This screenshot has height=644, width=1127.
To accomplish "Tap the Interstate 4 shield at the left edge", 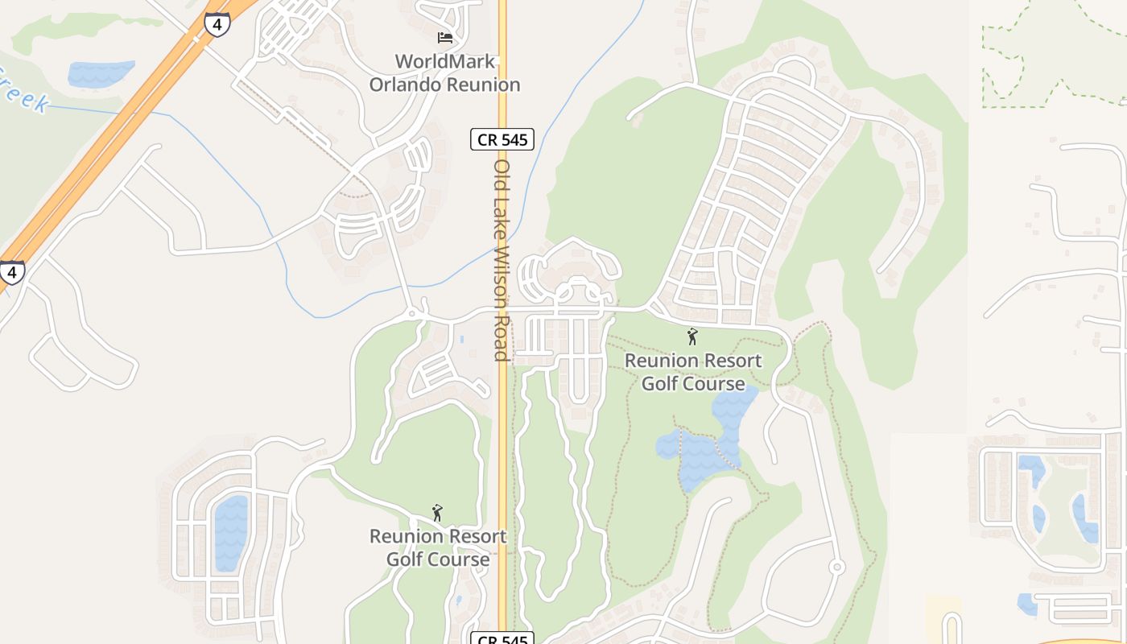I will pyautogui.click(x=10, y=271).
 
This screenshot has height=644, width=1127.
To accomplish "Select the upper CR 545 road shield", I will pyautogui.click(x=503, y=139).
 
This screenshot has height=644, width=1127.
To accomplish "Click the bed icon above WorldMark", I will pyautogui.click(x=445, y=37).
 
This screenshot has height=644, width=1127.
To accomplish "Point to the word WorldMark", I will pyautogui.click(x=444, y=61).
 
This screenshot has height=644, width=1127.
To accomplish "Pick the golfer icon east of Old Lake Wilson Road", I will pyautogui.click(x=692, y=336).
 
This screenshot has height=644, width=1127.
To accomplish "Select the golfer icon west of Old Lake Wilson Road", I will pyautogui.click(x=438, y=513).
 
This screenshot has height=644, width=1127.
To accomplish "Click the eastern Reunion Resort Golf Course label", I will pyautogui.click(x=693, y=372).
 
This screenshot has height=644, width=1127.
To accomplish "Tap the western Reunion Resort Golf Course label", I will pyautogui.click(x=438, y=547).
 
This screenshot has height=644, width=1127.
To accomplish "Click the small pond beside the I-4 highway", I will pyautogui.click(x=100, y=74).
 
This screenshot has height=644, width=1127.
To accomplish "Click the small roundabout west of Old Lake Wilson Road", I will pyautogui.click(x=412, y=313).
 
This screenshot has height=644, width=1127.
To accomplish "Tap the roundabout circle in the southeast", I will pyautogui.click(x=837, y=568).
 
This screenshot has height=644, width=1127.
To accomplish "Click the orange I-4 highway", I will pyautogui.click(x=105, y=145).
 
